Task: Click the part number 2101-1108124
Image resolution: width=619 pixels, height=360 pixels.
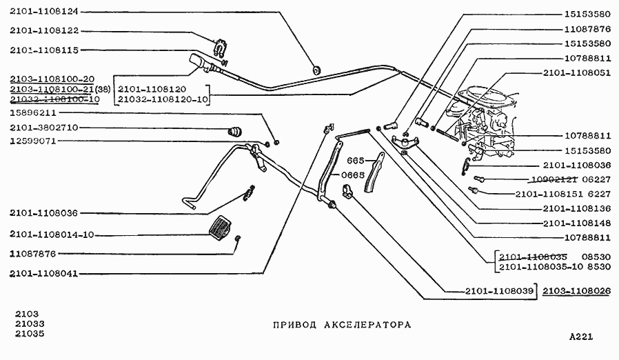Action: pyautogui.click(x=45, y=12)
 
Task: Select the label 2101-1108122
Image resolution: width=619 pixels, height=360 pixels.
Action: pyautogui.click(x=45, y=31)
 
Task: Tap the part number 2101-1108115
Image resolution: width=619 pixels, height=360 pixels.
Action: pyautogui.click(x=45, y=50)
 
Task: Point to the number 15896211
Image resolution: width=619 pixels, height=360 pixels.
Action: pyautogui.click(x=33, y=112)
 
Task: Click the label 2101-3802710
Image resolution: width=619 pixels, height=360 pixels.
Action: pyautogui.click(x=45, y=128)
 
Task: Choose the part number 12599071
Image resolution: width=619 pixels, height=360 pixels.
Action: pyautogui.click(x=33, y=141)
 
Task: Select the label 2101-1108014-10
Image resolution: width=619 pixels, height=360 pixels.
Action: pyautogui.click(x=52, y=234)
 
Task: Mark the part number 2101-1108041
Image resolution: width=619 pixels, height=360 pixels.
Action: pyautogui.click(x=45, y=274)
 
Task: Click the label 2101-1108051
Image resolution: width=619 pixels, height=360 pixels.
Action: pyautogui.click(x=576, y=72)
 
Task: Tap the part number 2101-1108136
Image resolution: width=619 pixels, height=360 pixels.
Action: pyautogui.click(x=576, y=208)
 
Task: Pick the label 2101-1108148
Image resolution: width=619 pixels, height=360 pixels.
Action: pyautogui.click(x=576, y=223)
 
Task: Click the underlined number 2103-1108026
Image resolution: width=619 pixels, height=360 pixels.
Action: pyautogui.click(x=576, y=292)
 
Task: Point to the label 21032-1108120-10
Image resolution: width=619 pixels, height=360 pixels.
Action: pyautogui.click(x=163, y=99)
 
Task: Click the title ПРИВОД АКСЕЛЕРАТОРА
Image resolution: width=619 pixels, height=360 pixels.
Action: pyautogui.click(x=341, y=324)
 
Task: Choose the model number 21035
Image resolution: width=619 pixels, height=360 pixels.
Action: pyautogui.click(x=28, y=335)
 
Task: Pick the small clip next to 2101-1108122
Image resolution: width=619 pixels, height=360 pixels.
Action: pyautogui.click(x=220, y=48)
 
